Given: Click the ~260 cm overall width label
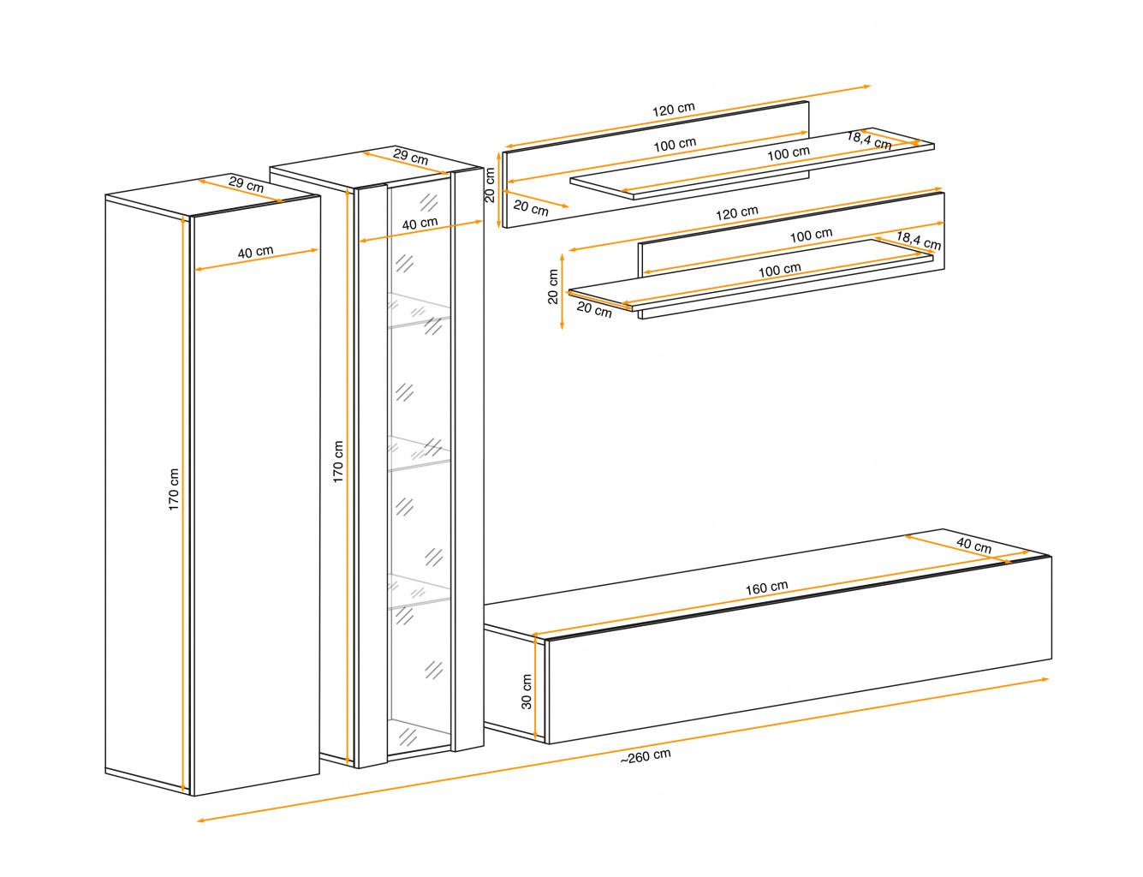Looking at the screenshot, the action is click(645, 756).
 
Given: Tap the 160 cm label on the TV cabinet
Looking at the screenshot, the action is click(766, 588).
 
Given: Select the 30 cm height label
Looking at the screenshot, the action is click(526, 691).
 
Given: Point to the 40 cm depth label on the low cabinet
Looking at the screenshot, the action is click(973, 545).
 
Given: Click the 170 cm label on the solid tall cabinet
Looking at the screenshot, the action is click(174, 489).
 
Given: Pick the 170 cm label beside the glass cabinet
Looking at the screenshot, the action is click(337, 462).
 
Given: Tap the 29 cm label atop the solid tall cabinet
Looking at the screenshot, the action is click(247, 184).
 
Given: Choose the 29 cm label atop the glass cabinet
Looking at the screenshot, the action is click(410, 156).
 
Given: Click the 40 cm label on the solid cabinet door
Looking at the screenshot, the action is click(256, 252).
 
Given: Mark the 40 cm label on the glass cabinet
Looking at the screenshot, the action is click(420, 224).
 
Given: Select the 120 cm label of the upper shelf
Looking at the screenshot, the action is click(673, 110).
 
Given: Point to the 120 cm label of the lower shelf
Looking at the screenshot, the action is click(736, 212).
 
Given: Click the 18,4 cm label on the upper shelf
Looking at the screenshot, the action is click(869, 140).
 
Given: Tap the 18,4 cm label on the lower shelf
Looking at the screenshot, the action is click(919, 241).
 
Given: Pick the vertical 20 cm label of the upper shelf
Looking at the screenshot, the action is click(489, 185).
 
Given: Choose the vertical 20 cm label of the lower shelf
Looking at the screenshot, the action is click(552, 287).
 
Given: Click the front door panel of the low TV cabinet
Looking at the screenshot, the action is click(800, 650).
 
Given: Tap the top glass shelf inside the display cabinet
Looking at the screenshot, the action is click(420, 310).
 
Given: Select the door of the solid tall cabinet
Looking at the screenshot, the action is click(257, 496).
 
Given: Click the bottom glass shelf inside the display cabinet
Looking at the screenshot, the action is click(420, 591).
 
